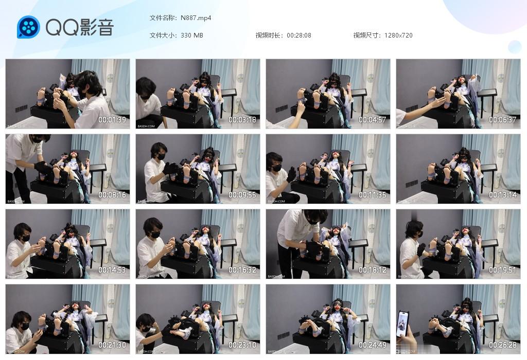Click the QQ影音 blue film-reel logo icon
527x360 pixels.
point(28,27)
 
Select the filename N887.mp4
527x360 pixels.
point(196,18)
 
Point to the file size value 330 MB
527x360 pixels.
point(192,35)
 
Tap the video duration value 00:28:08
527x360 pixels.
point(299,35)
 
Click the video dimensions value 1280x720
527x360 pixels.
point(398,35)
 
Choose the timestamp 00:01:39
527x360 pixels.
point(112,120)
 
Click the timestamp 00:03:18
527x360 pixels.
point(242,120)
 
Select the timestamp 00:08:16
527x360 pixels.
point(112,195)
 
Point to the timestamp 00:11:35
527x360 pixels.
point(373,195)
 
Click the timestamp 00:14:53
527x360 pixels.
point(112,271)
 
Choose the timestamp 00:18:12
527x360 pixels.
point(373,271)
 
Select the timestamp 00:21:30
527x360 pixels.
point(112,346)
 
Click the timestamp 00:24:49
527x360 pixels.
point(373,346)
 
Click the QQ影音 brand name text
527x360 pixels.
point(79,28)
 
